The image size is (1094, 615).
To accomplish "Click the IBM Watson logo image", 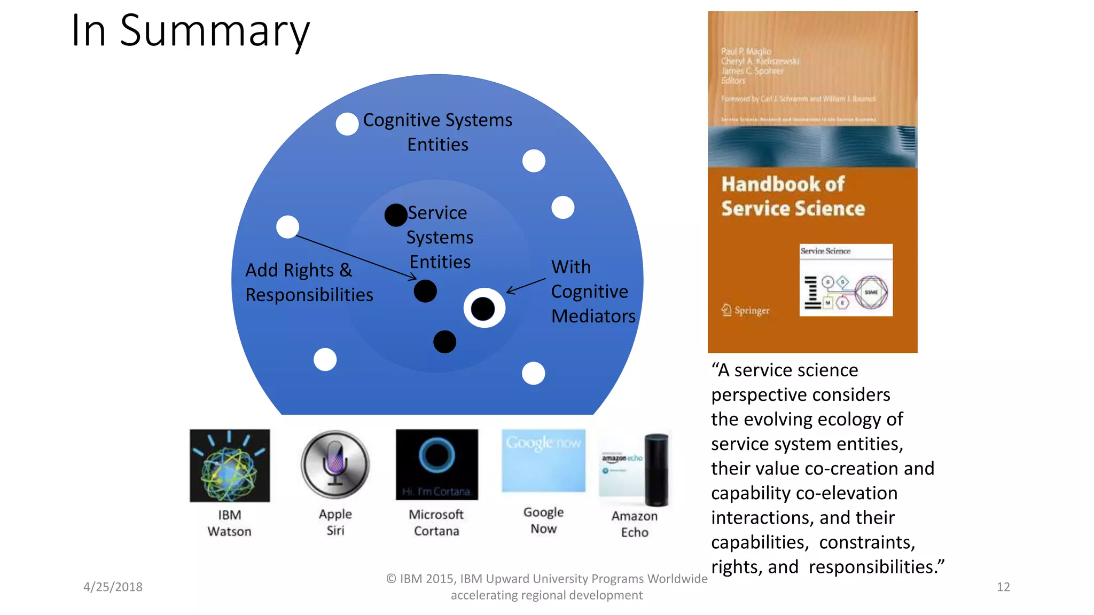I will pos(230,466).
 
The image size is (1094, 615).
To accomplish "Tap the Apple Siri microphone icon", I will pos(335,464).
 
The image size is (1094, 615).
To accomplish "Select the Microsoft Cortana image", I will pos(436,464).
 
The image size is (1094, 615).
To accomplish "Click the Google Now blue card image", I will pos(543,461).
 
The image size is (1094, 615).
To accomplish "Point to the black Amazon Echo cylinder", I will pos(656,470).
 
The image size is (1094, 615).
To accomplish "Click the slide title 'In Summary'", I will pos(190,31).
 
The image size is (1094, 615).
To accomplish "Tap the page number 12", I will pos(1003,587).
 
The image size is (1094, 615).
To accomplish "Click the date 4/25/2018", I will pos(113,587).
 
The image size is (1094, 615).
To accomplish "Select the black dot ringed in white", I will pos(483,309).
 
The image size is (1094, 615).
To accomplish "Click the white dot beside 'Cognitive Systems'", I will pos(347,124).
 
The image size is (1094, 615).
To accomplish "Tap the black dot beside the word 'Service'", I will pos(396,215).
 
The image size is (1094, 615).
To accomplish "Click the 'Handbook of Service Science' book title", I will pos(793,196).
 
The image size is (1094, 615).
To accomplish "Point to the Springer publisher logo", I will pos(746,310).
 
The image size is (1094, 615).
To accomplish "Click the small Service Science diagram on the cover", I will pos(846,280).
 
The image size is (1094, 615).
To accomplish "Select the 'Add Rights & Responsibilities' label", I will pos(309,282).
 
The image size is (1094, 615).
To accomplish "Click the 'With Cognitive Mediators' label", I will pos(593,291).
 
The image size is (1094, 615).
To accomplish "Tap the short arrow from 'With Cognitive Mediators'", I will pos(526,286).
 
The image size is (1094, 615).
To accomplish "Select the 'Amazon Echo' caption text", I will pos(635,524).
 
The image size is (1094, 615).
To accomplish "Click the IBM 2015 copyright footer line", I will pos(546,579).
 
